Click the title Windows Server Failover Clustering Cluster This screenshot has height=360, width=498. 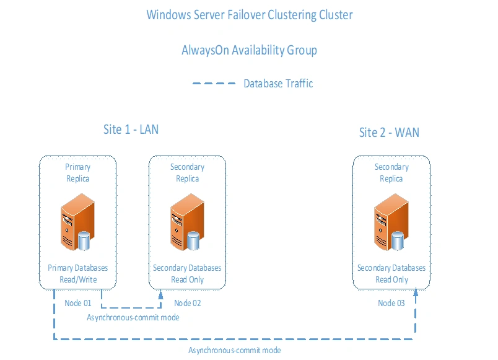[x=249, y=15]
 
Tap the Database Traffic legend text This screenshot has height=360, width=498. [x=278, y=84]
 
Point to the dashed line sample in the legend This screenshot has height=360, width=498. [x=214, y=84]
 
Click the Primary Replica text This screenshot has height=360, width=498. [x=77, y=173]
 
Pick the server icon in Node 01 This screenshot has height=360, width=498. [x=77, y=221]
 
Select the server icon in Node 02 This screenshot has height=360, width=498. [x=187, y=221]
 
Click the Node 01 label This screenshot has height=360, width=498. [x=77, y=303]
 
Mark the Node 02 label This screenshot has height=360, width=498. [x=187, y=303]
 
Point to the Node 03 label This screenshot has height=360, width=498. [x=391, y=303]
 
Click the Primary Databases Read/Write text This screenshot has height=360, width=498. [x=77, y=274]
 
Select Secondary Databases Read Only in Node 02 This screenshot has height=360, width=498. [x=187, y=274]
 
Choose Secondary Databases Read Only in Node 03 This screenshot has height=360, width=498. [x=391, y=274]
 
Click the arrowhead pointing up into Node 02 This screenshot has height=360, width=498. [x=160, y=294]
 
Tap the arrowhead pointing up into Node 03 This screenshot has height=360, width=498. [x=415, y=294]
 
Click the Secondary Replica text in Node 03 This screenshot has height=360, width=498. [x=391, y=173]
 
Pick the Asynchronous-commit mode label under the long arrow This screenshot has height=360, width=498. [x=234, y=351]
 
